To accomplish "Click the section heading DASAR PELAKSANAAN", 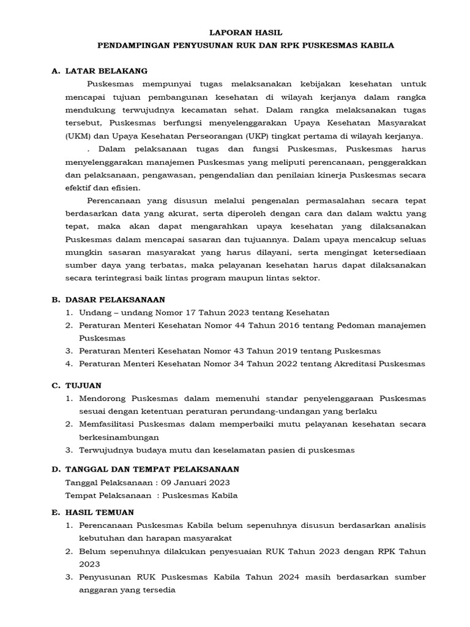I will (115, 299).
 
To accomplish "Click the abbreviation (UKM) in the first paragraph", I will (78, 136).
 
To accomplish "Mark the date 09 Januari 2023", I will (193, 482).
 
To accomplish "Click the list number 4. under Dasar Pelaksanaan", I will (69, 364).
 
